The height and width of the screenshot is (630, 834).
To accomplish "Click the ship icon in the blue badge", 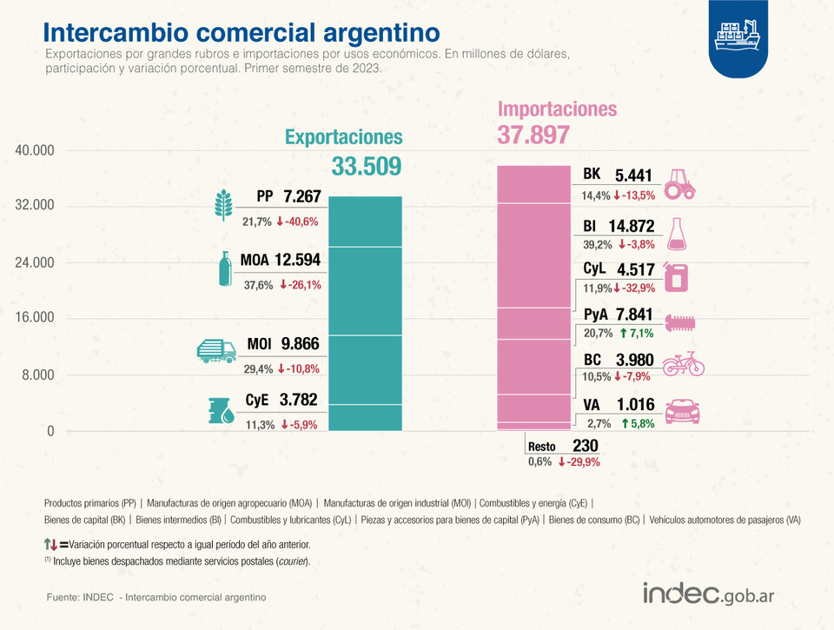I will click(736, 36).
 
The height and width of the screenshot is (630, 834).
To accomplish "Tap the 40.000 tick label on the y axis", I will click(35, 150).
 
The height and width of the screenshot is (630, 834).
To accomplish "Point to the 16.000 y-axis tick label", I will click(35, 318).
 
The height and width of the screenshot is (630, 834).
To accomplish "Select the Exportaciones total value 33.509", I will click(366, 167).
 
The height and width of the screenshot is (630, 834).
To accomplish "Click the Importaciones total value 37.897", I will click(533, 135).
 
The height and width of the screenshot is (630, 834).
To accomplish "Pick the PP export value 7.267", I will click(301, 197).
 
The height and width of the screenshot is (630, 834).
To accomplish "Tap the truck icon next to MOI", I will click(216, 349).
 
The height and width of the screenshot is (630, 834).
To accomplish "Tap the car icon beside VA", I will click(683, 411).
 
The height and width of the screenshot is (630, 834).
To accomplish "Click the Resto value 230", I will click(586, 446).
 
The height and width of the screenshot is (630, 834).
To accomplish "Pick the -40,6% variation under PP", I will click(299, 222).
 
